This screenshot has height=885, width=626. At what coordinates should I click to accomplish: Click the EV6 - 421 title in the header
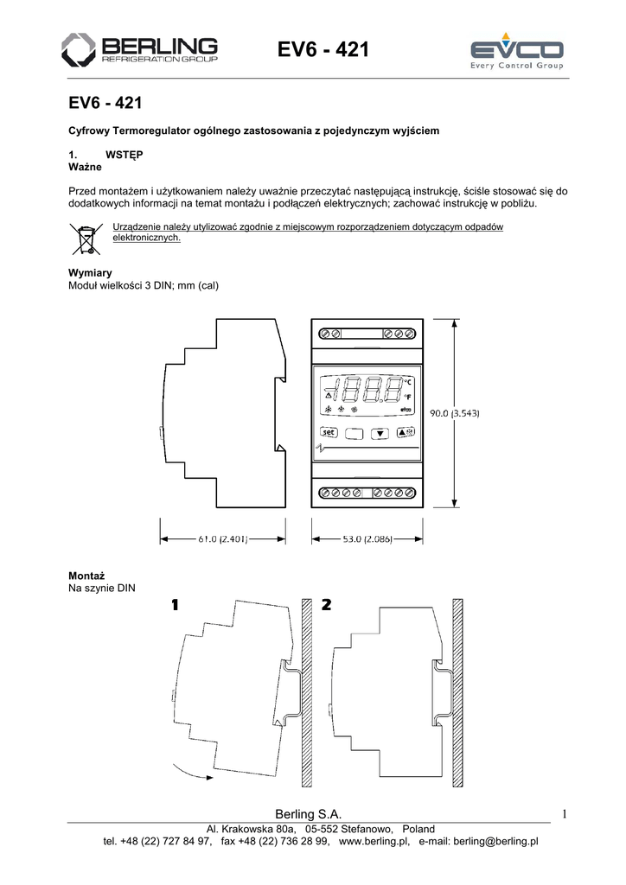pos(323,52)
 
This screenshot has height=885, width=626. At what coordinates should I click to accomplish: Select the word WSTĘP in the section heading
pos(124,153)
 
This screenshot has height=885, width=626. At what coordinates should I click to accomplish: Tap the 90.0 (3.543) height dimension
pos(457,413)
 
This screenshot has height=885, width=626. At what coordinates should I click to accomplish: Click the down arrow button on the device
pos(380,434)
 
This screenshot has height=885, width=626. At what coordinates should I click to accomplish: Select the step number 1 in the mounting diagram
pos(176,605)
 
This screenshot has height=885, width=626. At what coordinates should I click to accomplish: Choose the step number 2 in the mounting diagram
pos(326,605)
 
